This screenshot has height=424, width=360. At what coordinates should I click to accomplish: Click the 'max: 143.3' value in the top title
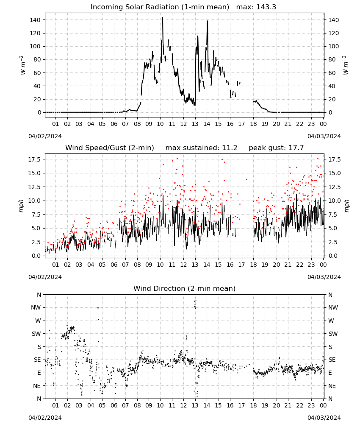(256, 7)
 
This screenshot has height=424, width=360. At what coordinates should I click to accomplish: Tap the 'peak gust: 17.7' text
(276, 148)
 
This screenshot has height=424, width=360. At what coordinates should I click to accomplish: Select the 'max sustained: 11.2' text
(201, 148)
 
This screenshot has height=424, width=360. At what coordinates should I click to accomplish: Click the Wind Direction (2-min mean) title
(185, 288)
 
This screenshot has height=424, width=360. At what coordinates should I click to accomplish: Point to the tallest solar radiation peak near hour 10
(163, 17)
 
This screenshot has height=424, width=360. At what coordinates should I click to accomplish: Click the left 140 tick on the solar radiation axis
(35, 20)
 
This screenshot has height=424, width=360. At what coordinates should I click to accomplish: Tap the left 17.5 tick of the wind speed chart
(34, 159)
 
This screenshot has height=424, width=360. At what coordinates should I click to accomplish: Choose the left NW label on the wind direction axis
(36, 307)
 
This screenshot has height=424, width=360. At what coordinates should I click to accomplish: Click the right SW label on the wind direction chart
(333, 334)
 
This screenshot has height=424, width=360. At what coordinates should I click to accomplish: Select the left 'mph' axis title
(21, 206)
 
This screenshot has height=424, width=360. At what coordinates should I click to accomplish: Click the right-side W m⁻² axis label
(346, 65)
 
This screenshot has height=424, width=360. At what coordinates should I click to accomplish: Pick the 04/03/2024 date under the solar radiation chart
(324, 136)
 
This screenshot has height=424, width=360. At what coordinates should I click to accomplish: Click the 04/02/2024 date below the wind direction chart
(45, 418)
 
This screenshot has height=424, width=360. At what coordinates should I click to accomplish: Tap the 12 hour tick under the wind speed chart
(183, 265)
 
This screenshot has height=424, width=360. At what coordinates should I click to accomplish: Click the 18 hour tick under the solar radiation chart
(253, 124)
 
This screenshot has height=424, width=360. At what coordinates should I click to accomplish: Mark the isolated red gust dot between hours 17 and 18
(246, 179)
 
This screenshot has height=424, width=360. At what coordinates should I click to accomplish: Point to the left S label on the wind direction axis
(39, 347)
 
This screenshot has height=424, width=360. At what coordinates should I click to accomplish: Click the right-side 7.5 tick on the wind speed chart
(333, 215)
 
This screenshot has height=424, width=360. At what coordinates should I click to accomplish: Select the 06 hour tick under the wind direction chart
(114, 405)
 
